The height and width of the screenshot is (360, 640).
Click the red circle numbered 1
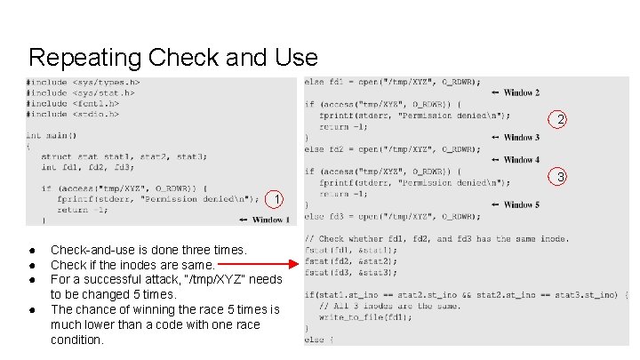pos(277,199)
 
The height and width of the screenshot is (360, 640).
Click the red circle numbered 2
pos(560,120)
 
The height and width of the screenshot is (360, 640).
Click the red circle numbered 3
pos(560,178)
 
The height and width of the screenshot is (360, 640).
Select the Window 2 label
pos(521,92)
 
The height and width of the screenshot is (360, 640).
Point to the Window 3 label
pos(521,137)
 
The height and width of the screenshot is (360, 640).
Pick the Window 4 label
pos(521,160)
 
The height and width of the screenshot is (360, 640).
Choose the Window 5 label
pos(521,204)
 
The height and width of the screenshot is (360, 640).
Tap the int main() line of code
pos(52,136)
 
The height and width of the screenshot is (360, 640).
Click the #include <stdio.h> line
pos(73,114)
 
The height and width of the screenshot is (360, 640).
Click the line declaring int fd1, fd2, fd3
pos(87,166)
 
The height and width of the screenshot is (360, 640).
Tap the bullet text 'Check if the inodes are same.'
pos(132,265)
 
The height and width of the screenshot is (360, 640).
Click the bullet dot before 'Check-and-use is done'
pos(30,251)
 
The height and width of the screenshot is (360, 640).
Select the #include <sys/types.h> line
pos(83,83)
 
